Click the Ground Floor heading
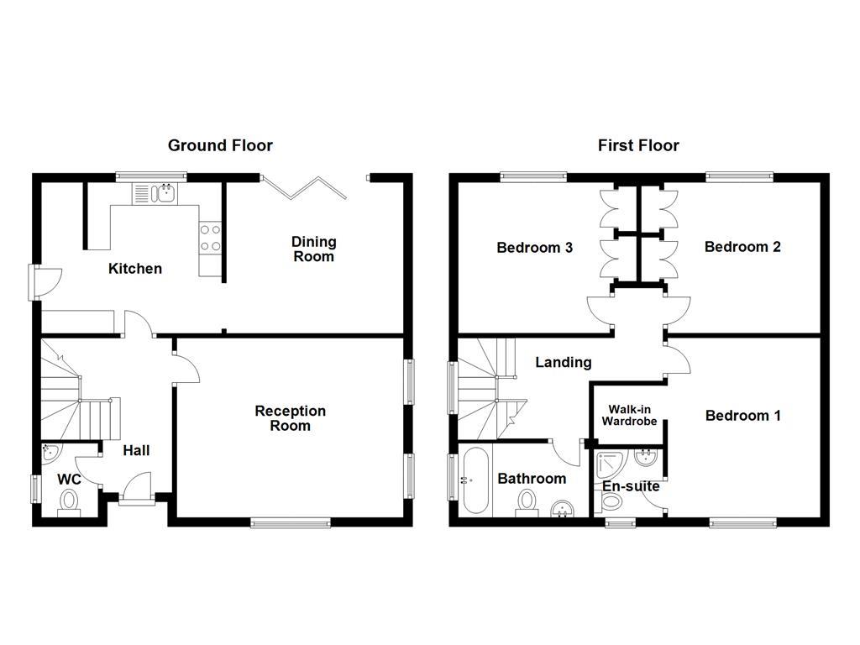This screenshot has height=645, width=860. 220,145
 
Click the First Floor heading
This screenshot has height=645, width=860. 638,145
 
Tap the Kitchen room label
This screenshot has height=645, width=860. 135,269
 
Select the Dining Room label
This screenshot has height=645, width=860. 313,249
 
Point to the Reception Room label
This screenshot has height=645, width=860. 290,418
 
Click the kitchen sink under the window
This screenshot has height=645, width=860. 153,194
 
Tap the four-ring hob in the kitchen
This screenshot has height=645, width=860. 210,238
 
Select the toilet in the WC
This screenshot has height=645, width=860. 68,502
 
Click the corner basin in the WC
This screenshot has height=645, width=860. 50,453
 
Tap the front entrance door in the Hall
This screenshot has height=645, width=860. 136,490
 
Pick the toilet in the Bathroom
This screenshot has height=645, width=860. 527,503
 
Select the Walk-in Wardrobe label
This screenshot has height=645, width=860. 629,416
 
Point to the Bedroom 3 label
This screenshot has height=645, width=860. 535,248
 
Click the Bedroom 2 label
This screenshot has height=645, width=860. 742,247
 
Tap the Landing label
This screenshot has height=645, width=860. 564,363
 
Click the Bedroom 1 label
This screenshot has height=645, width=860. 742,416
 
